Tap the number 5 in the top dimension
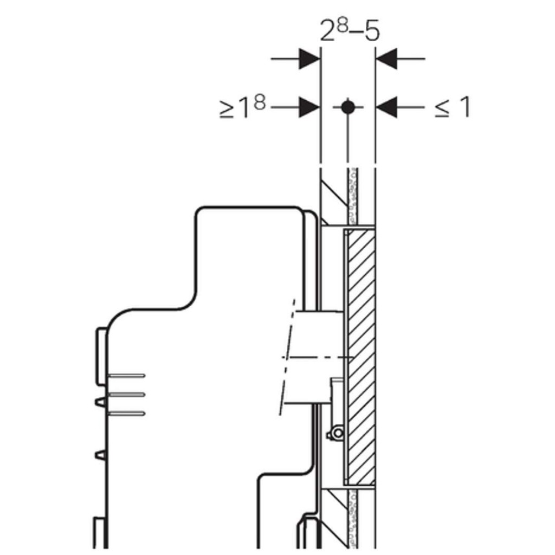click(372, 31)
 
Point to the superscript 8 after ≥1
click(259, 103)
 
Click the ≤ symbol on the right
click(442, 108)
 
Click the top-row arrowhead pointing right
click(309, 59)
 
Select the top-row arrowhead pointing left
click(386, 59)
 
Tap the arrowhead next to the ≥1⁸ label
click(309, 107)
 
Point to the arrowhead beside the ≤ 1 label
click(386, 107)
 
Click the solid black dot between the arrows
click(348, 107)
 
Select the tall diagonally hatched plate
click(362, 357)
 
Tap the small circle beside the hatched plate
click(338, 433)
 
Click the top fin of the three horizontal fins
click(126, 376)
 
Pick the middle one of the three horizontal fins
click(126, 395)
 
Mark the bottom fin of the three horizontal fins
click(126, 414)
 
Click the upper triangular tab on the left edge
click(100, 403)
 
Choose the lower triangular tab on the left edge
click(100, 455)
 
